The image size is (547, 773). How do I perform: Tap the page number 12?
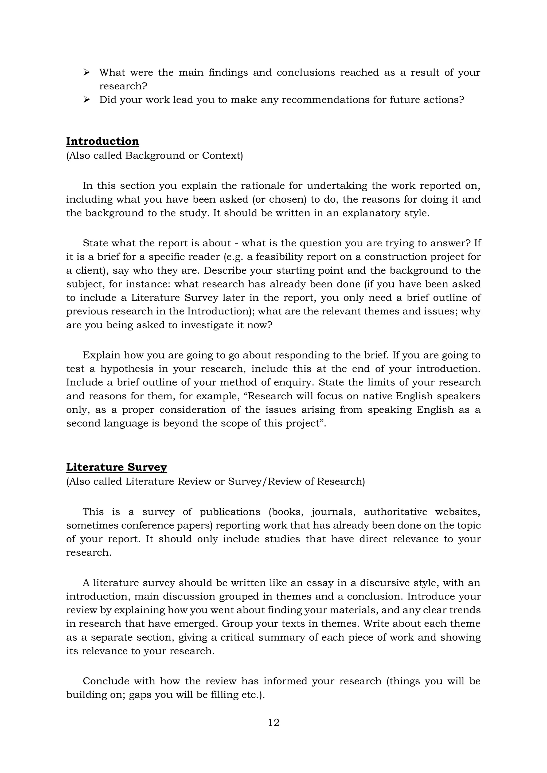pyautogui.click(x=273, y=722)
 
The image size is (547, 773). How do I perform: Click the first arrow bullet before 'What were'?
pyautogui.click(x=87, y=72)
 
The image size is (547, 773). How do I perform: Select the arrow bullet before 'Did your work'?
pyautogui.click(x=87, y=100)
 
